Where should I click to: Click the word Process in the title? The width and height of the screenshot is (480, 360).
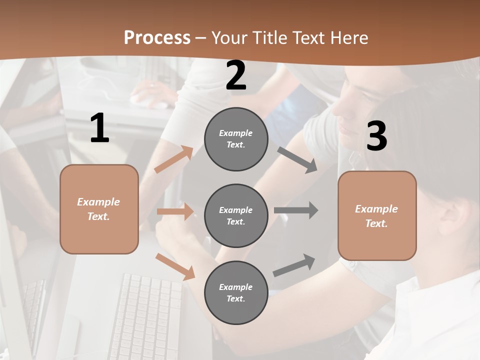(157, 37)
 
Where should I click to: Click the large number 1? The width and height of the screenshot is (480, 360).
(99, 128)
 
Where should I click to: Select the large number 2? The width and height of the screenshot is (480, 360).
(236, 75)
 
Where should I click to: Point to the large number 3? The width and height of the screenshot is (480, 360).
(376, 136)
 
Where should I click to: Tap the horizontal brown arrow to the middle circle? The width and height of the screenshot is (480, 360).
(175, 211)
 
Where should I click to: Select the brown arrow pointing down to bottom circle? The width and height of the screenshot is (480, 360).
(175, 266)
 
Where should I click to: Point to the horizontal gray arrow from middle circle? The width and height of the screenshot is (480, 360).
(296, 210)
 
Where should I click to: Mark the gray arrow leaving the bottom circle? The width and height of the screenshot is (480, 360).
(294, 265)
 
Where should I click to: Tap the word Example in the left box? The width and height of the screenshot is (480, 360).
(98, 202)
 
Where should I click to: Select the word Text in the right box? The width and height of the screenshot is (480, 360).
(376, 223)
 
